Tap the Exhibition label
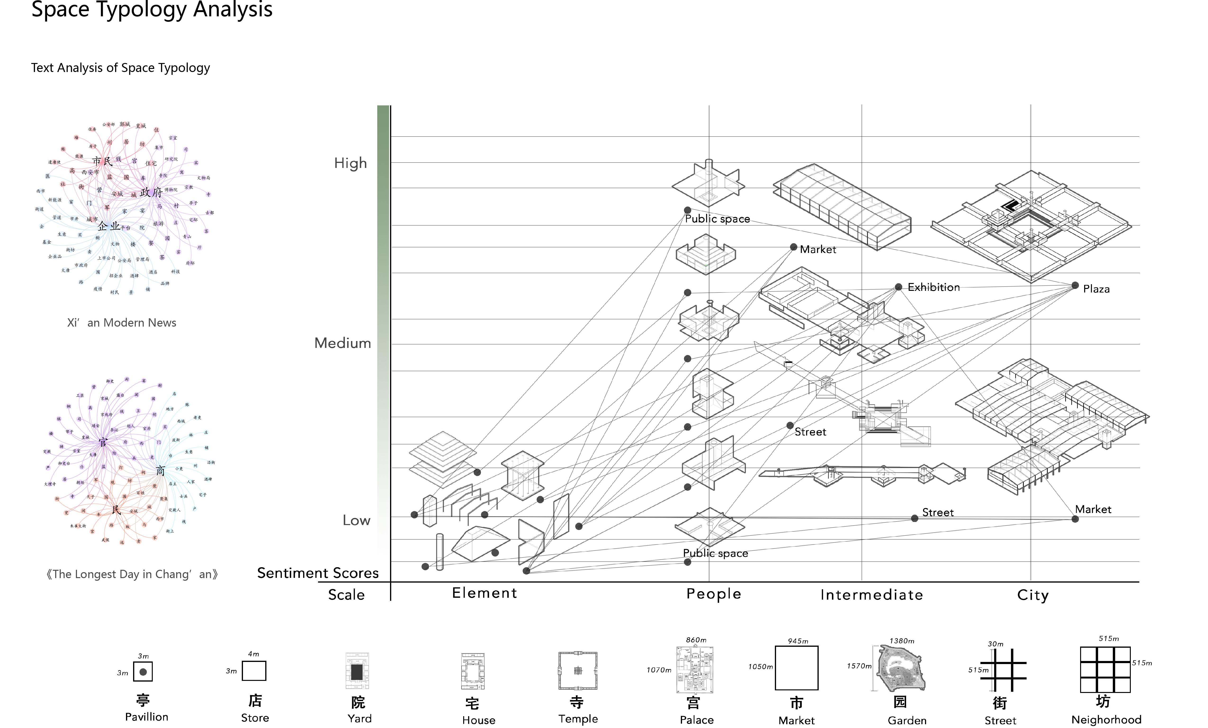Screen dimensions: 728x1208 coord(934,287)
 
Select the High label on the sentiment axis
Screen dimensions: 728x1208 coord(350,163)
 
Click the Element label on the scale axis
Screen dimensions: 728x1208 coord(484,593)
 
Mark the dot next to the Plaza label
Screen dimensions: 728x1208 coord(1075,285)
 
